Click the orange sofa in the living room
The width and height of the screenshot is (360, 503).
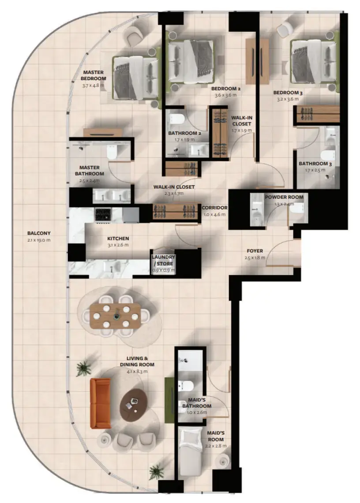tap(100, 403)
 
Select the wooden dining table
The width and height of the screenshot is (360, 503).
tap(115, 315)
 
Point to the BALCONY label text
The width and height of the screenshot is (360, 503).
tap(39, 233)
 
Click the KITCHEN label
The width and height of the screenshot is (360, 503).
tap(118, 238)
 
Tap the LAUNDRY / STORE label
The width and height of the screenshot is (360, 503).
tap(163, 260)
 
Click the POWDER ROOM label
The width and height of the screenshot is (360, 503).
tap(281, 197)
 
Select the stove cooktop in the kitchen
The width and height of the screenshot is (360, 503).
tap(104, 215)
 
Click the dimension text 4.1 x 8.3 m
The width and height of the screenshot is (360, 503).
tap(137, 371)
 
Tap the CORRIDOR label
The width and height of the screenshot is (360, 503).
tap(215, 208)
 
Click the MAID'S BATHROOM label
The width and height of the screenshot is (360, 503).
tap(197, 403)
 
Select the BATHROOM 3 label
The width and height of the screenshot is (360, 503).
tap(312, 164)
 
